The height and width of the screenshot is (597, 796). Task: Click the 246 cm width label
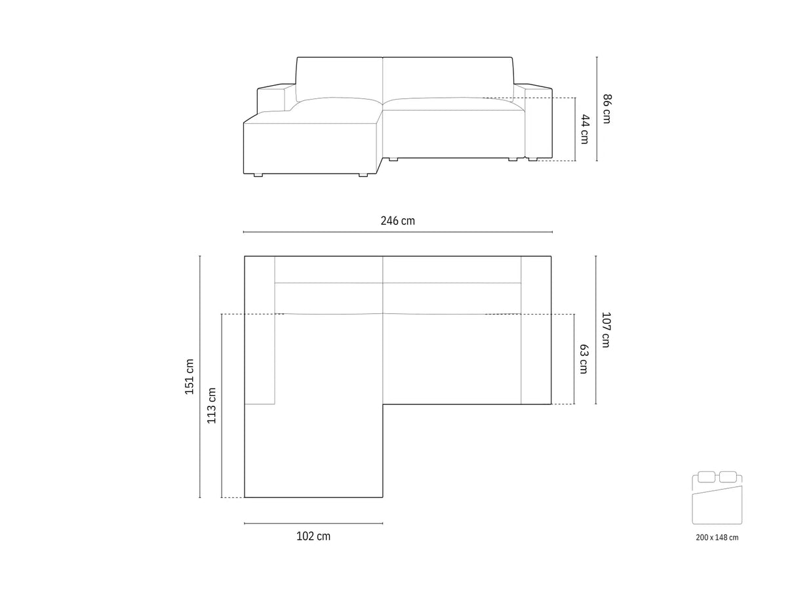tap(397, 221)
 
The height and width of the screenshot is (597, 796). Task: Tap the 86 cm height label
tap(607, 109)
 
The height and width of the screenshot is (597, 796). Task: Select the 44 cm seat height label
tap(584, 129)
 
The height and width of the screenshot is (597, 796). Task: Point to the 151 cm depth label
tap(189, 376)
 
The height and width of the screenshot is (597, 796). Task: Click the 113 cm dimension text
tap(212, 406)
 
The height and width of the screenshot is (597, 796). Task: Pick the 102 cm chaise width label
tap(313, 536)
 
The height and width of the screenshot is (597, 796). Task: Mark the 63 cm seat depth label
tap(583, 359)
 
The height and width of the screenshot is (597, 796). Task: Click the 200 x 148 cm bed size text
tap(717, 537)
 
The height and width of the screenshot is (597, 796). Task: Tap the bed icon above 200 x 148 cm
tap(716, 498)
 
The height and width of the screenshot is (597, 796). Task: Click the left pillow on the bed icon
tap(706, 477)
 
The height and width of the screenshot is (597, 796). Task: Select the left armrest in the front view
tap(270, 98)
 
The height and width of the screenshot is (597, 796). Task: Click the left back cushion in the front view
tap(339, 79)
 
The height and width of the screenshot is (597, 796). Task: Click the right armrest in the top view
tap(536, 330)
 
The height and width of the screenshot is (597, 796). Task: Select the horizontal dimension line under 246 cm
tap(397, 232)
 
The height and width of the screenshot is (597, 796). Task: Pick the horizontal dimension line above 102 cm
tap(313, 523)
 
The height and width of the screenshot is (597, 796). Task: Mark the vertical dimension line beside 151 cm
tap(200, 376)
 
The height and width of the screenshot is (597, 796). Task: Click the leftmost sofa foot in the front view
tap(258, 175)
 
